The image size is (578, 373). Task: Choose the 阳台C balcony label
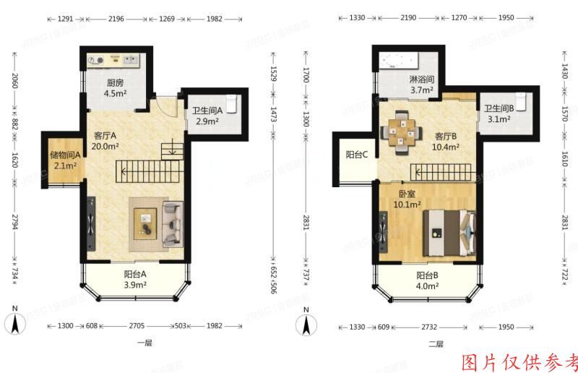(357, 154)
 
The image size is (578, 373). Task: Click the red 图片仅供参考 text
(519, 361)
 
